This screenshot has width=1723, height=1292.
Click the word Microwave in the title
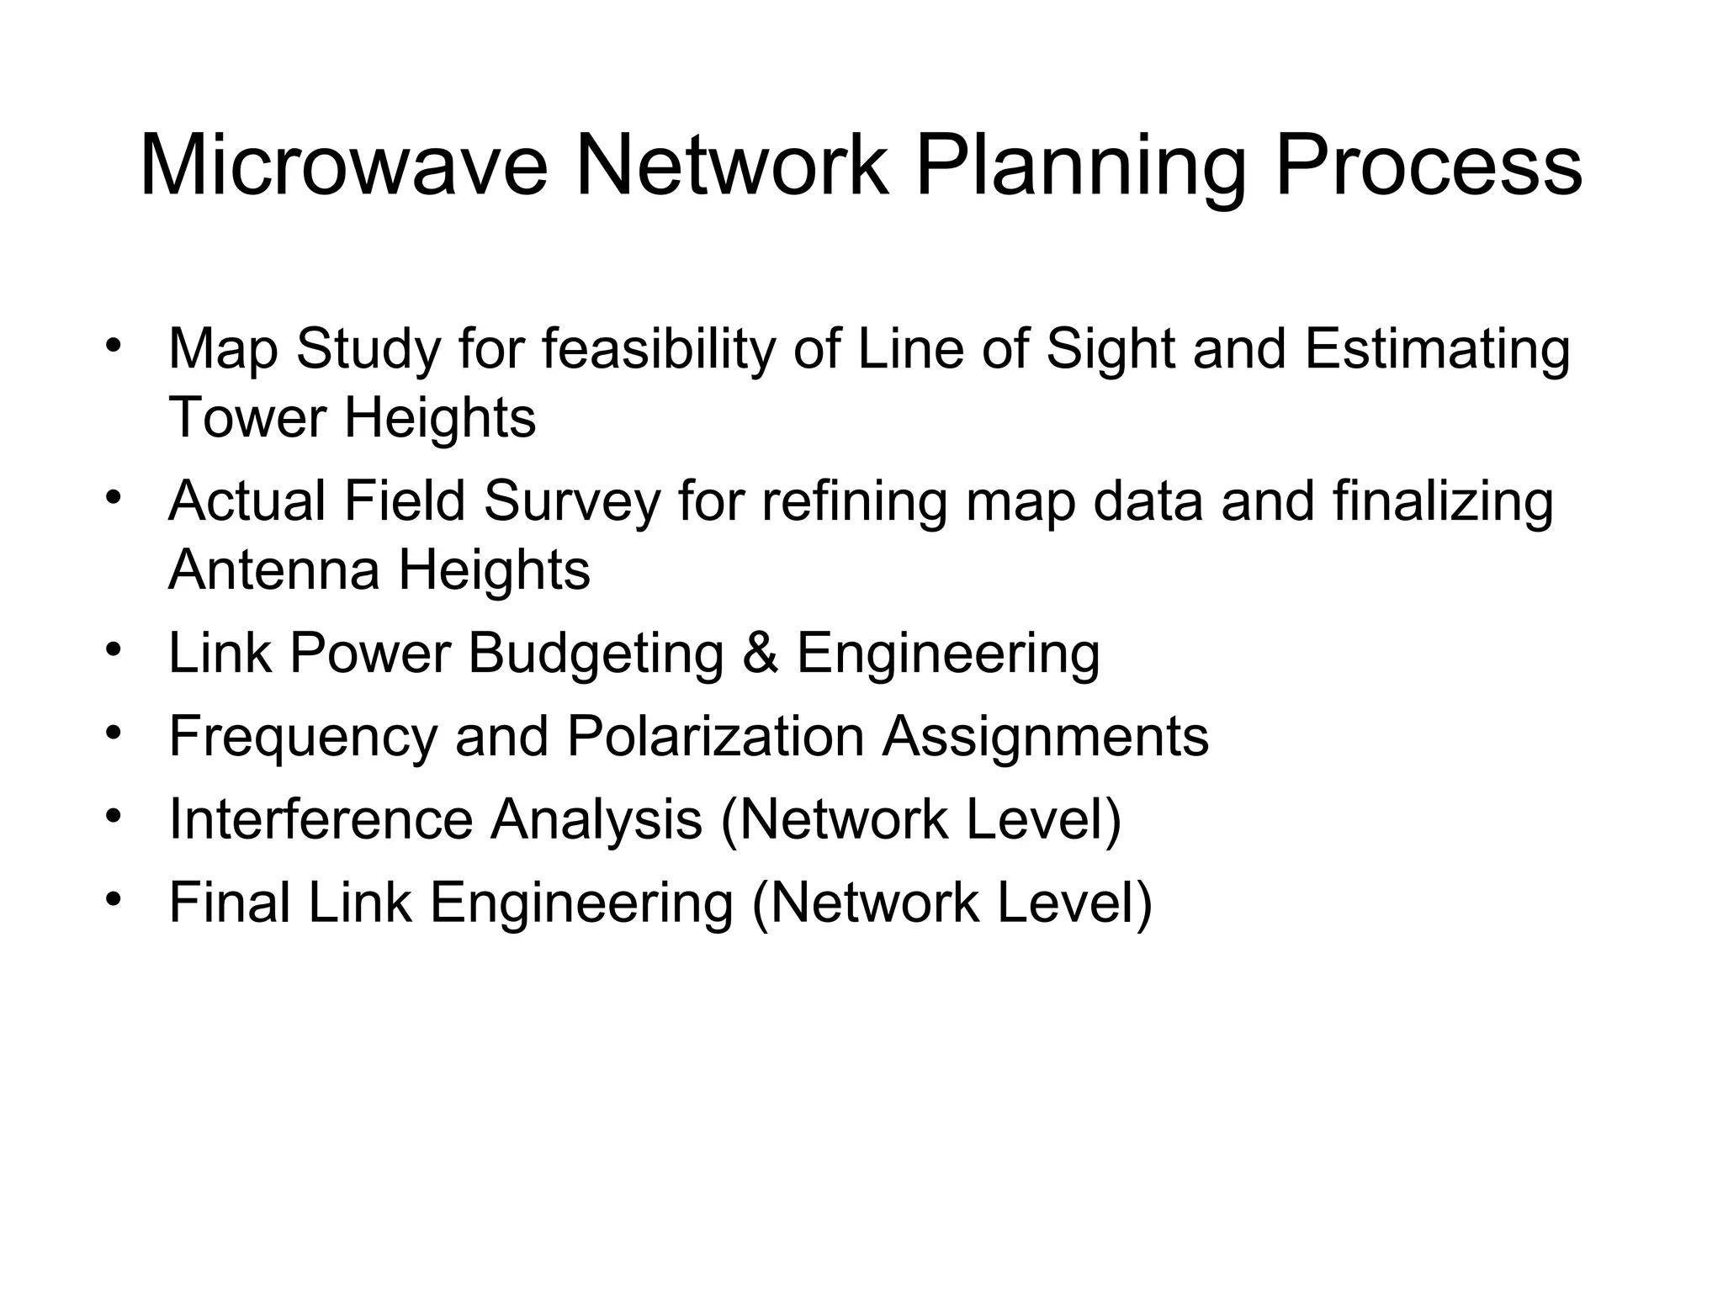tap(343, 167)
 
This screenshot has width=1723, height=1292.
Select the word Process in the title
tap(1429, 167)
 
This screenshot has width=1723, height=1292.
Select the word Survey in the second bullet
tap(572, 502)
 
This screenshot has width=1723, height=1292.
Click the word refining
tap(855, 502)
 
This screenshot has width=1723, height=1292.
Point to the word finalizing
tap(1443, 502)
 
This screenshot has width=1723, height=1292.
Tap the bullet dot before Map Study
tap(114, 346)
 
